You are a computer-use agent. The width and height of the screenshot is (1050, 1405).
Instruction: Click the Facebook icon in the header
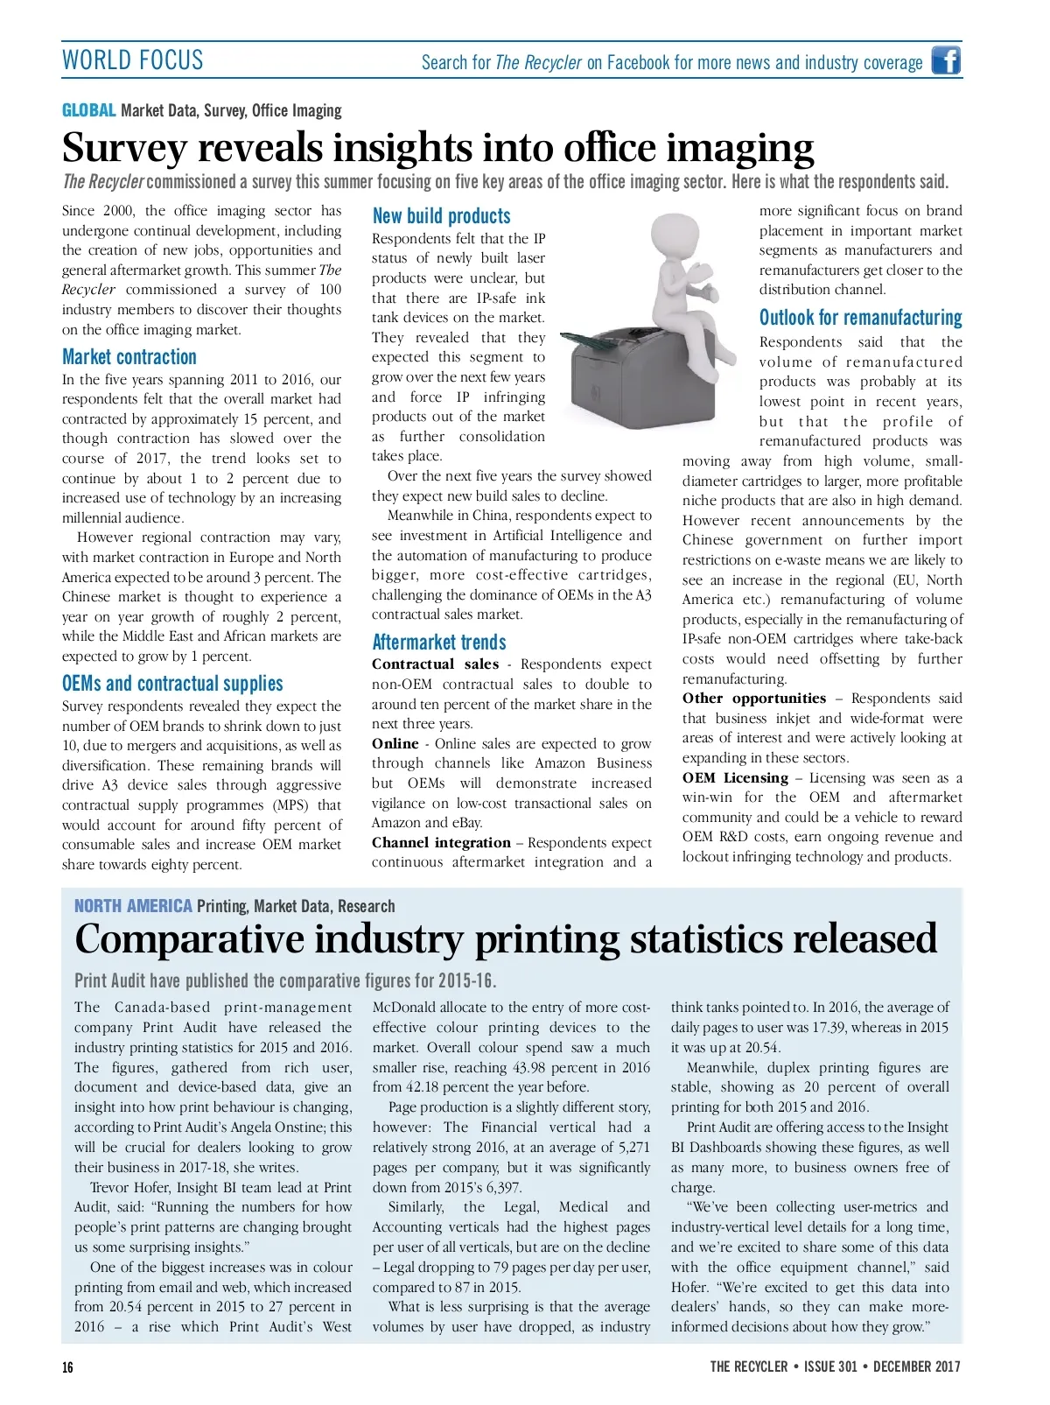pos(945,60)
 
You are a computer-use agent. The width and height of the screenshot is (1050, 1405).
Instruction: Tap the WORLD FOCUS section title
pos(132,60)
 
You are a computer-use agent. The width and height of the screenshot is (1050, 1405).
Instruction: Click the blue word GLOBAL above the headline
pos(88,110)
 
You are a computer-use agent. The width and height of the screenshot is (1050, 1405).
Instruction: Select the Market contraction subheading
pos(129,357)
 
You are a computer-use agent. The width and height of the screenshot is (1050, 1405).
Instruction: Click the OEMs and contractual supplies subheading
pos(172,684)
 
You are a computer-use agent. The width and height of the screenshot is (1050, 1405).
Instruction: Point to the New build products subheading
pos(441,216)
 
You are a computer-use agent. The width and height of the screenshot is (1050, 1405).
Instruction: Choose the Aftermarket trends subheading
pos(439,643)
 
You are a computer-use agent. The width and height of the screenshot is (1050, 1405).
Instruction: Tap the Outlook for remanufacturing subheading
pos(860,318)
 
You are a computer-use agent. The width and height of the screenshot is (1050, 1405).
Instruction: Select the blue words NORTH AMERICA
pos(133,906)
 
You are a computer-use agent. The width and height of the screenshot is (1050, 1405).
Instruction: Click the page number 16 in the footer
pos(68,1367)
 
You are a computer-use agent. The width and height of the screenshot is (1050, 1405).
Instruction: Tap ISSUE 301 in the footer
pos(830,1367)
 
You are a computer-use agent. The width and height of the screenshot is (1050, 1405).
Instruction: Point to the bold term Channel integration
pos(441,843)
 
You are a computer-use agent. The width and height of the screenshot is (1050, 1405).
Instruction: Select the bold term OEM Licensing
pos(735,778)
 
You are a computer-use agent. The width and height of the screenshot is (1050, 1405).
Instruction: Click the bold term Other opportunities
pos(753,699)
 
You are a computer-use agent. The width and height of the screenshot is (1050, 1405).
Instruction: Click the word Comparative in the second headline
pos(189,939)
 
